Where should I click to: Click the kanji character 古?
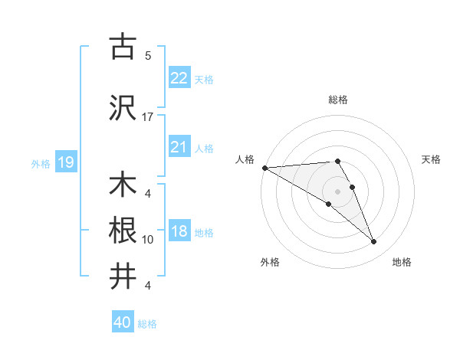(x=123, y=47)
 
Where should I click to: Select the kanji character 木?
(x=123, y=186)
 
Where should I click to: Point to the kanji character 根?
(x=123, y=231)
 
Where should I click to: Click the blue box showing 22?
(x=179, y=77)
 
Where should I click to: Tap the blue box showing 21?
(x=179, y=147)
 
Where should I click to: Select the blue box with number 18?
(x=179, y=232)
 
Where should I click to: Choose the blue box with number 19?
(x=65, y=162)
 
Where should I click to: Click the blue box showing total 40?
(x=123, y=322)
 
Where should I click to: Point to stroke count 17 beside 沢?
(x=147, y=116)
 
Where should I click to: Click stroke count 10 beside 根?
(x=147, y=239)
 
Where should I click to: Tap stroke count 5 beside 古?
(x=147, y=55)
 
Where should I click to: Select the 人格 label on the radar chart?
(x=245, y=159)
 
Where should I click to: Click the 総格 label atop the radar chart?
(x=337, y=100)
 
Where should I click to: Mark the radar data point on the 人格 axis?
(x=264, y=168)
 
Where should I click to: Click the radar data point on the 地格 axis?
(x=374, y=242)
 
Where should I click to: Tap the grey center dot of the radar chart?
(x=337, y=191)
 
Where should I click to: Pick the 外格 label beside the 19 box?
(x=40, y=163)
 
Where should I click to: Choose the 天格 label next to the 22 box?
(x=204, y=79)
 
